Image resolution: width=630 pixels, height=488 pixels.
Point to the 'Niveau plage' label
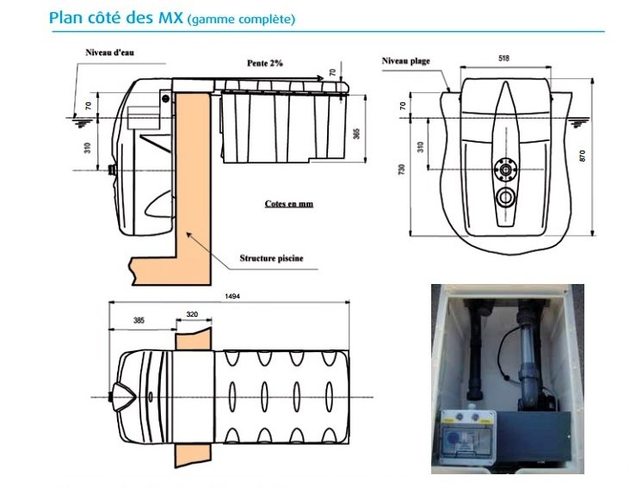coord(405,61)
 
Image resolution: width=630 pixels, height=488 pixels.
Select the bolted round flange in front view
coord(503,169)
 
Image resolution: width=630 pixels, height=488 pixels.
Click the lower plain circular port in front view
coord(505,198)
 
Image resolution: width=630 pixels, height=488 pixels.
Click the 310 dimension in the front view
coord(420,145)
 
